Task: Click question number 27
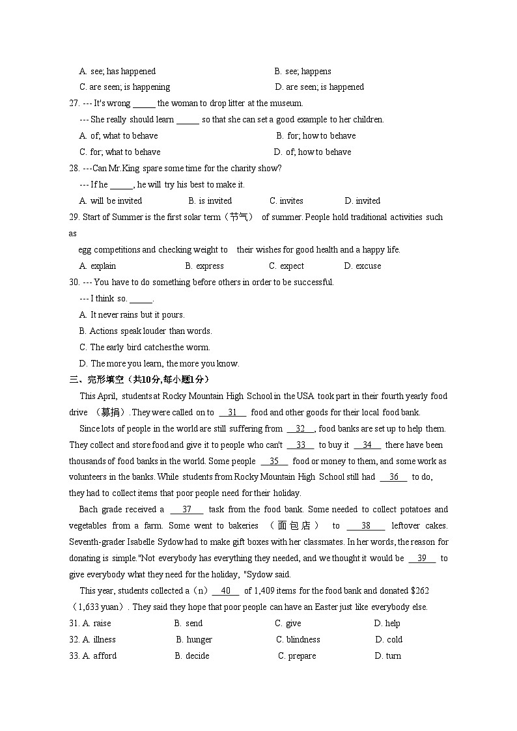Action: (x=74, y=103)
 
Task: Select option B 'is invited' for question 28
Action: (x=210, y=201)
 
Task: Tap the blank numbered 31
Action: (x=232, y=413)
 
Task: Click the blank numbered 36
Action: (x=393, y=477)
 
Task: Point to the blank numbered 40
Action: (x=226, y=591)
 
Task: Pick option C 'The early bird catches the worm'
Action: (x=145, y=348)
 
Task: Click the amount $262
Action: (x=420, y=591)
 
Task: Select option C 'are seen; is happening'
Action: (x=124, y=87)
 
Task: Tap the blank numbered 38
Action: (x=365, y=526)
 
